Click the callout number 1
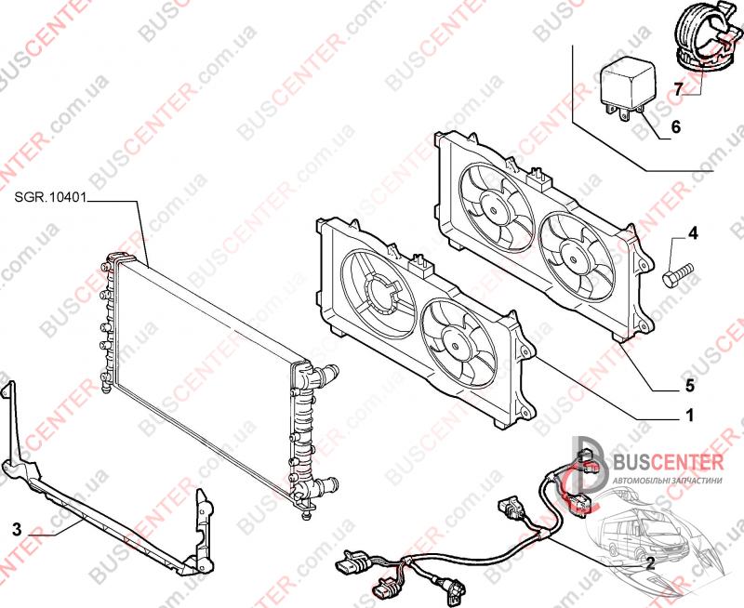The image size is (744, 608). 689,416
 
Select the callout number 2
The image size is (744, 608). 650,563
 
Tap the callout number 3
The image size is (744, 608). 17,529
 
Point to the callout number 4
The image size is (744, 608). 693,233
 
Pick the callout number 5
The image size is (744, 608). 689,386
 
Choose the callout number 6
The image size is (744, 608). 676,126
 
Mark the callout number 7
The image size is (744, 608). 679,88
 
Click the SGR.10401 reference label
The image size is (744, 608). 50,198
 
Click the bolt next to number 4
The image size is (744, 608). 678,274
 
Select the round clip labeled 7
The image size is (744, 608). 708,37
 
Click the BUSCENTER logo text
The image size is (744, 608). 669,461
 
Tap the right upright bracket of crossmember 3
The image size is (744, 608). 205,529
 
